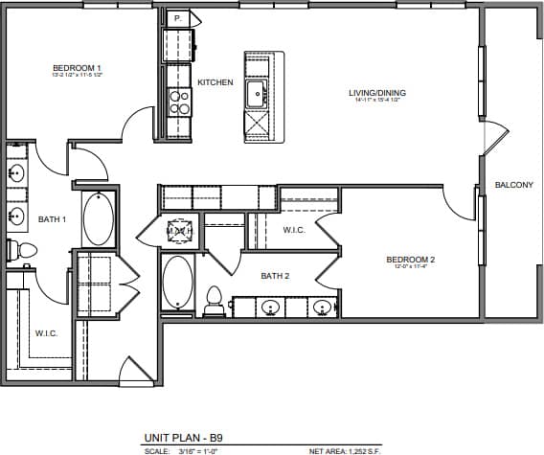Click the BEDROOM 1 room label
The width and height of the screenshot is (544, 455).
[x=77, y=68]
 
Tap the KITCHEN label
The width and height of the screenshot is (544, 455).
[x=215, y=82]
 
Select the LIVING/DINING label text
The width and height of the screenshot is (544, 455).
[x=380, y=93]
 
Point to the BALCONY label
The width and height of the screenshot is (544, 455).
[x=513, y=185]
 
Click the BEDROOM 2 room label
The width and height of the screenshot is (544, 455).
[x=411, y=260]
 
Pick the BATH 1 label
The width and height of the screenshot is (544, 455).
[x=52, y=219]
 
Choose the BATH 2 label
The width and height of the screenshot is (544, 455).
[x=275, y=276]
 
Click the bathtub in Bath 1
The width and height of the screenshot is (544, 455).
[x=98, y=219]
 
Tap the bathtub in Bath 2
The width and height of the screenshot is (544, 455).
[x=178, y=280]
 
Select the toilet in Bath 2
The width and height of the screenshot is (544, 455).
[x=215, y=300]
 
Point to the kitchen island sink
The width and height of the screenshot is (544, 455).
[x=257, y=94]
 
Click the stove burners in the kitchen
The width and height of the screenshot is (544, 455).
[x=179, y=102]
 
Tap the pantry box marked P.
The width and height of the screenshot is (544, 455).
[x=179, y=18]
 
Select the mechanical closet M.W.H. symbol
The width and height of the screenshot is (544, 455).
[x=180, y=231]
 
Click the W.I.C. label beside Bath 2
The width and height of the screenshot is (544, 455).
[x=294, y=230]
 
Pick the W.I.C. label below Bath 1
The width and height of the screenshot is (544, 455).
[x=46, y=333]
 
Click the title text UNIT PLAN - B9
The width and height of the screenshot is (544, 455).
[x=183, y=437]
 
